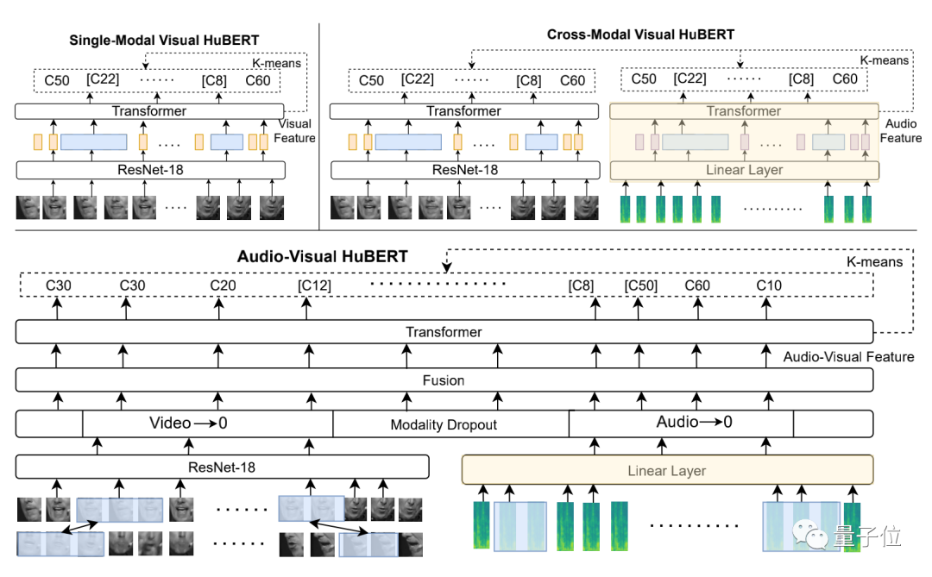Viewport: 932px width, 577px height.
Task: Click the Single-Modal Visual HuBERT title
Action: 164,41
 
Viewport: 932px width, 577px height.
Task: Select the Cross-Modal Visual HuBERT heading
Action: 640,34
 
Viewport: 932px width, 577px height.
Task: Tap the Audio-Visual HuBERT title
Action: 322,257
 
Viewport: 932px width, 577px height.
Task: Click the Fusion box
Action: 444,380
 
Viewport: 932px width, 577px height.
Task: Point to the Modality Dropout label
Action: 444,425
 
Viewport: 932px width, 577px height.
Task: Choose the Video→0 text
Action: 188,423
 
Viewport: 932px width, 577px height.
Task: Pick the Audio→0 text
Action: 694,422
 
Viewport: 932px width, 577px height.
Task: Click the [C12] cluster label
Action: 314,285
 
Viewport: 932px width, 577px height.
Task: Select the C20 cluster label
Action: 223,285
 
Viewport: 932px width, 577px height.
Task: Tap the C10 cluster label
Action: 769,285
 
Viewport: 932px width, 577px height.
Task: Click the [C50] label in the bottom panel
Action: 640,285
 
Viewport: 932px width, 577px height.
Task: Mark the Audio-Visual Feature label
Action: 848,356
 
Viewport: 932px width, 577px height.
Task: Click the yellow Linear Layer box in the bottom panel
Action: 667,470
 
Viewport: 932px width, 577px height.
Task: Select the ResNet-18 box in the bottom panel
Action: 223,467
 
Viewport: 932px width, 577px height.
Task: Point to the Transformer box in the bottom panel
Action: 444,331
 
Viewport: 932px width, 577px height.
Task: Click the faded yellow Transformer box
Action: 744,111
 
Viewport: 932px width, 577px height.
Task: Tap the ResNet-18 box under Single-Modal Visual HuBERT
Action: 150,170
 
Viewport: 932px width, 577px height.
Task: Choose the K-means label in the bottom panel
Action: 874,262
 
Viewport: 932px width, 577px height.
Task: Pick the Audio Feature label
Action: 900,131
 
